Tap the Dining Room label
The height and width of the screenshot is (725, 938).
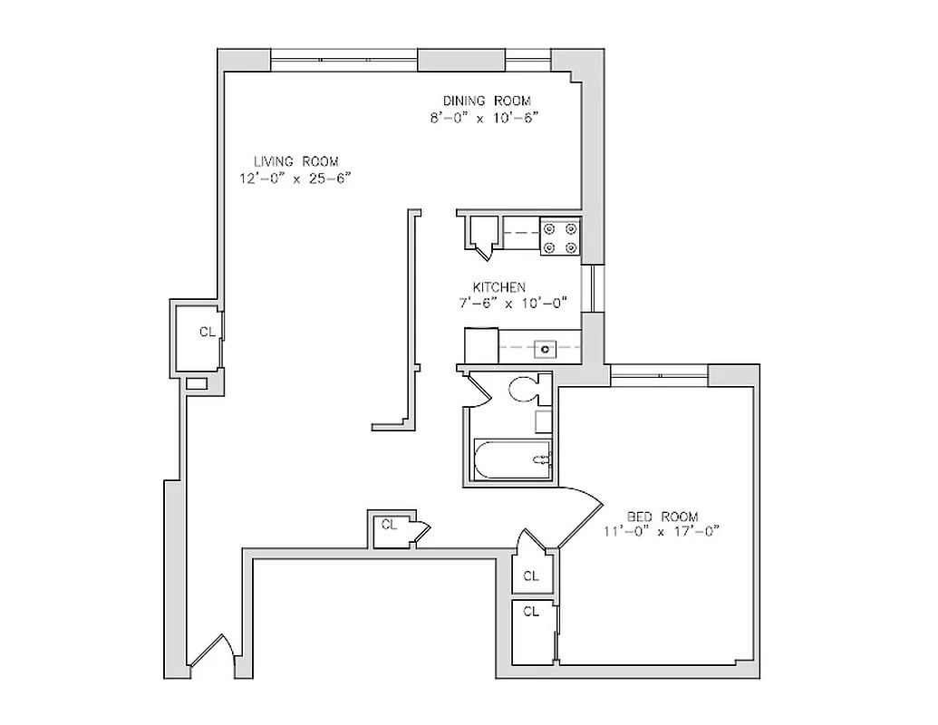point(486,101)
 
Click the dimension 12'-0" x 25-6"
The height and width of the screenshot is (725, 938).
point(295,179)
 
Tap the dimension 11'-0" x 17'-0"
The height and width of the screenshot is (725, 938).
point(661,532)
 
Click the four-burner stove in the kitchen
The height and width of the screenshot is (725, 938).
point(559,237)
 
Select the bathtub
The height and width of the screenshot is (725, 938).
point(512,459)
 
